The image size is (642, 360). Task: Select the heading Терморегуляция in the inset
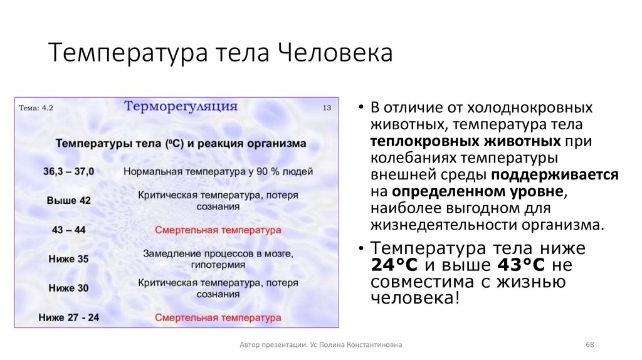(181, 105)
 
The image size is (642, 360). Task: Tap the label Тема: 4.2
(36, 108)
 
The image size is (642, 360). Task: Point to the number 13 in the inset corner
(326, 108)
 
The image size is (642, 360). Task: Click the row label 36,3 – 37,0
(69, 171)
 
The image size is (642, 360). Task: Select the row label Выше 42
(69, 201)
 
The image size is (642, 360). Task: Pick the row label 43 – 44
(69, 230)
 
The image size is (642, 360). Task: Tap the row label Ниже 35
(69, 259)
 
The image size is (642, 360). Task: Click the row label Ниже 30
(69, 289)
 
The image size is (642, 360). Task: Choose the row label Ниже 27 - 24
(69, 317)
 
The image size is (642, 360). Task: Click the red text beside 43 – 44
(218, 230)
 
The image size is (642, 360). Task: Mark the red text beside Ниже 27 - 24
(218, 317)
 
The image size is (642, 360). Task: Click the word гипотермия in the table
(218, 265)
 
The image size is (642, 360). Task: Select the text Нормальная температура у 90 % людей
(218, 171)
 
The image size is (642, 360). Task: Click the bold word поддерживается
(555, 174)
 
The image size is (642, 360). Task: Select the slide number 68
(589, 345)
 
